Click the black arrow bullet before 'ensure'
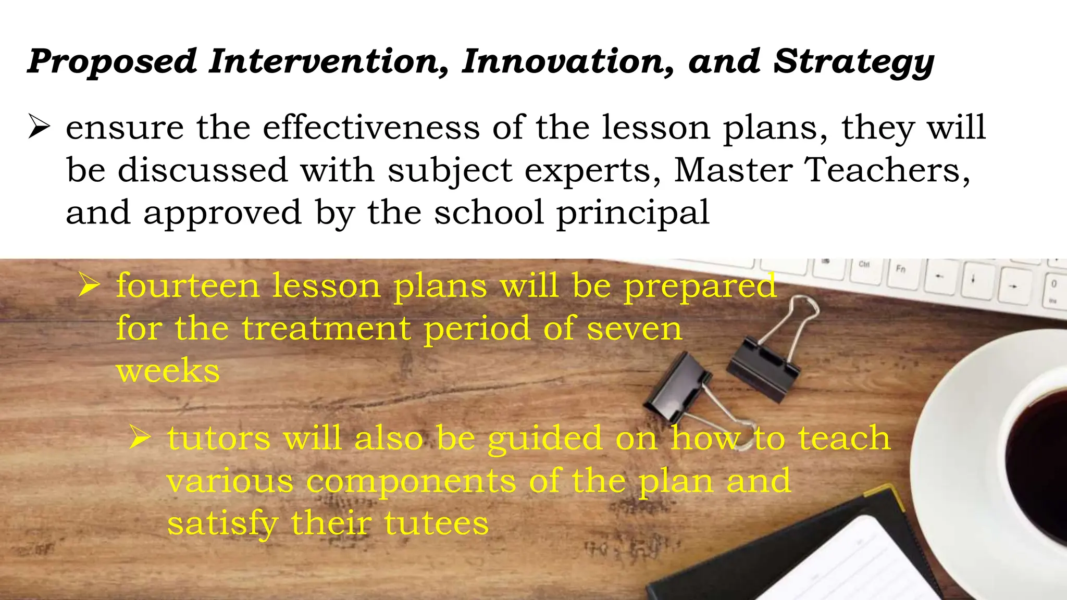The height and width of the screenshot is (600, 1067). (39, 127)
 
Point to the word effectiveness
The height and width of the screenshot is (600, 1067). (371, 127)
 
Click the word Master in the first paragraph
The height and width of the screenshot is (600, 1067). (733, 170)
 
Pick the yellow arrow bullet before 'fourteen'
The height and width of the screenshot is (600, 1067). (89, 285)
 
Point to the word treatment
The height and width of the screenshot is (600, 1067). (326, 329)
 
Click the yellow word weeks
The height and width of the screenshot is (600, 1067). (168, 371)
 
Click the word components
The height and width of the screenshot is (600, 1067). (411, 481)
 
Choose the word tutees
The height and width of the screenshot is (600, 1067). (437, 523)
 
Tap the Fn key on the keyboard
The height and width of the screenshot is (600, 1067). (901, 269)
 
